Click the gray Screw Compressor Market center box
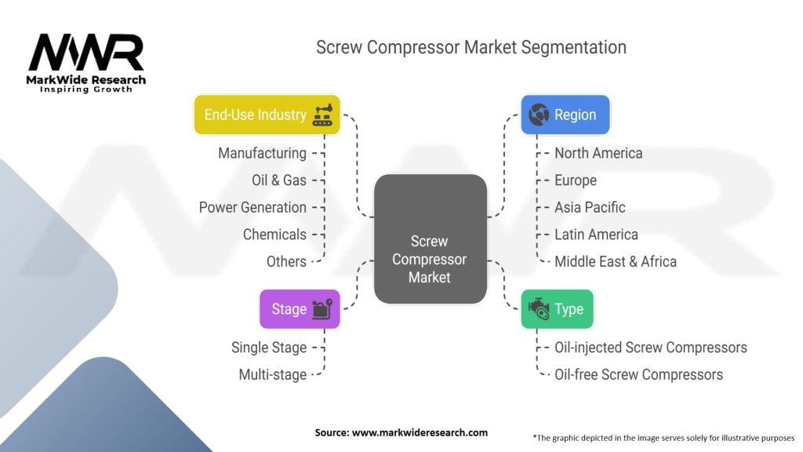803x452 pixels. point(431,239)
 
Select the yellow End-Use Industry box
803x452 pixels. point(267,115)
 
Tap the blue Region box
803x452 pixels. point(565,115)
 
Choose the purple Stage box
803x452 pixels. point(300,309)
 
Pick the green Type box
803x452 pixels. point(558,309)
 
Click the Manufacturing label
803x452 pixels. point(262,153)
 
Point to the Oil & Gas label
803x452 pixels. point(279,180)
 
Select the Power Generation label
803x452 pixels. point(253,207)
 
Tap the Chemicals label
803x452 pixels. point(274,235)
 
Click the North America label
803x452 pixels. point(598,153)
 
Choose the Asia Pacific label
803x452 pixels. point(590,207)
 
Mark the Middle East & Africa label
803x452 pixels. point(616,262)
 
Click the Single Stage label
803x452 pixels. point(269,348)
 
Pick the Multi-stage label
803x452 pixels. point(273,374)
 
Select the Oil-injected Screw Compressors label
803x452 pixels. point(651,348)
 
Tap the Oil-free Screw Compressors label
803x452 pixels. point(638,374)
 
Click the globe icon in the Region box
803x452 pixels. point(539,115)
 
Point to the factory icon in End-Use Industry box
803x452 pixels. point(322,115)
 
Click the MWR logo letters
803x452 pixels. point(86,53)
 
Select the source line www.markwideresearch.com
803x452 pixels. point(401,432)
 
